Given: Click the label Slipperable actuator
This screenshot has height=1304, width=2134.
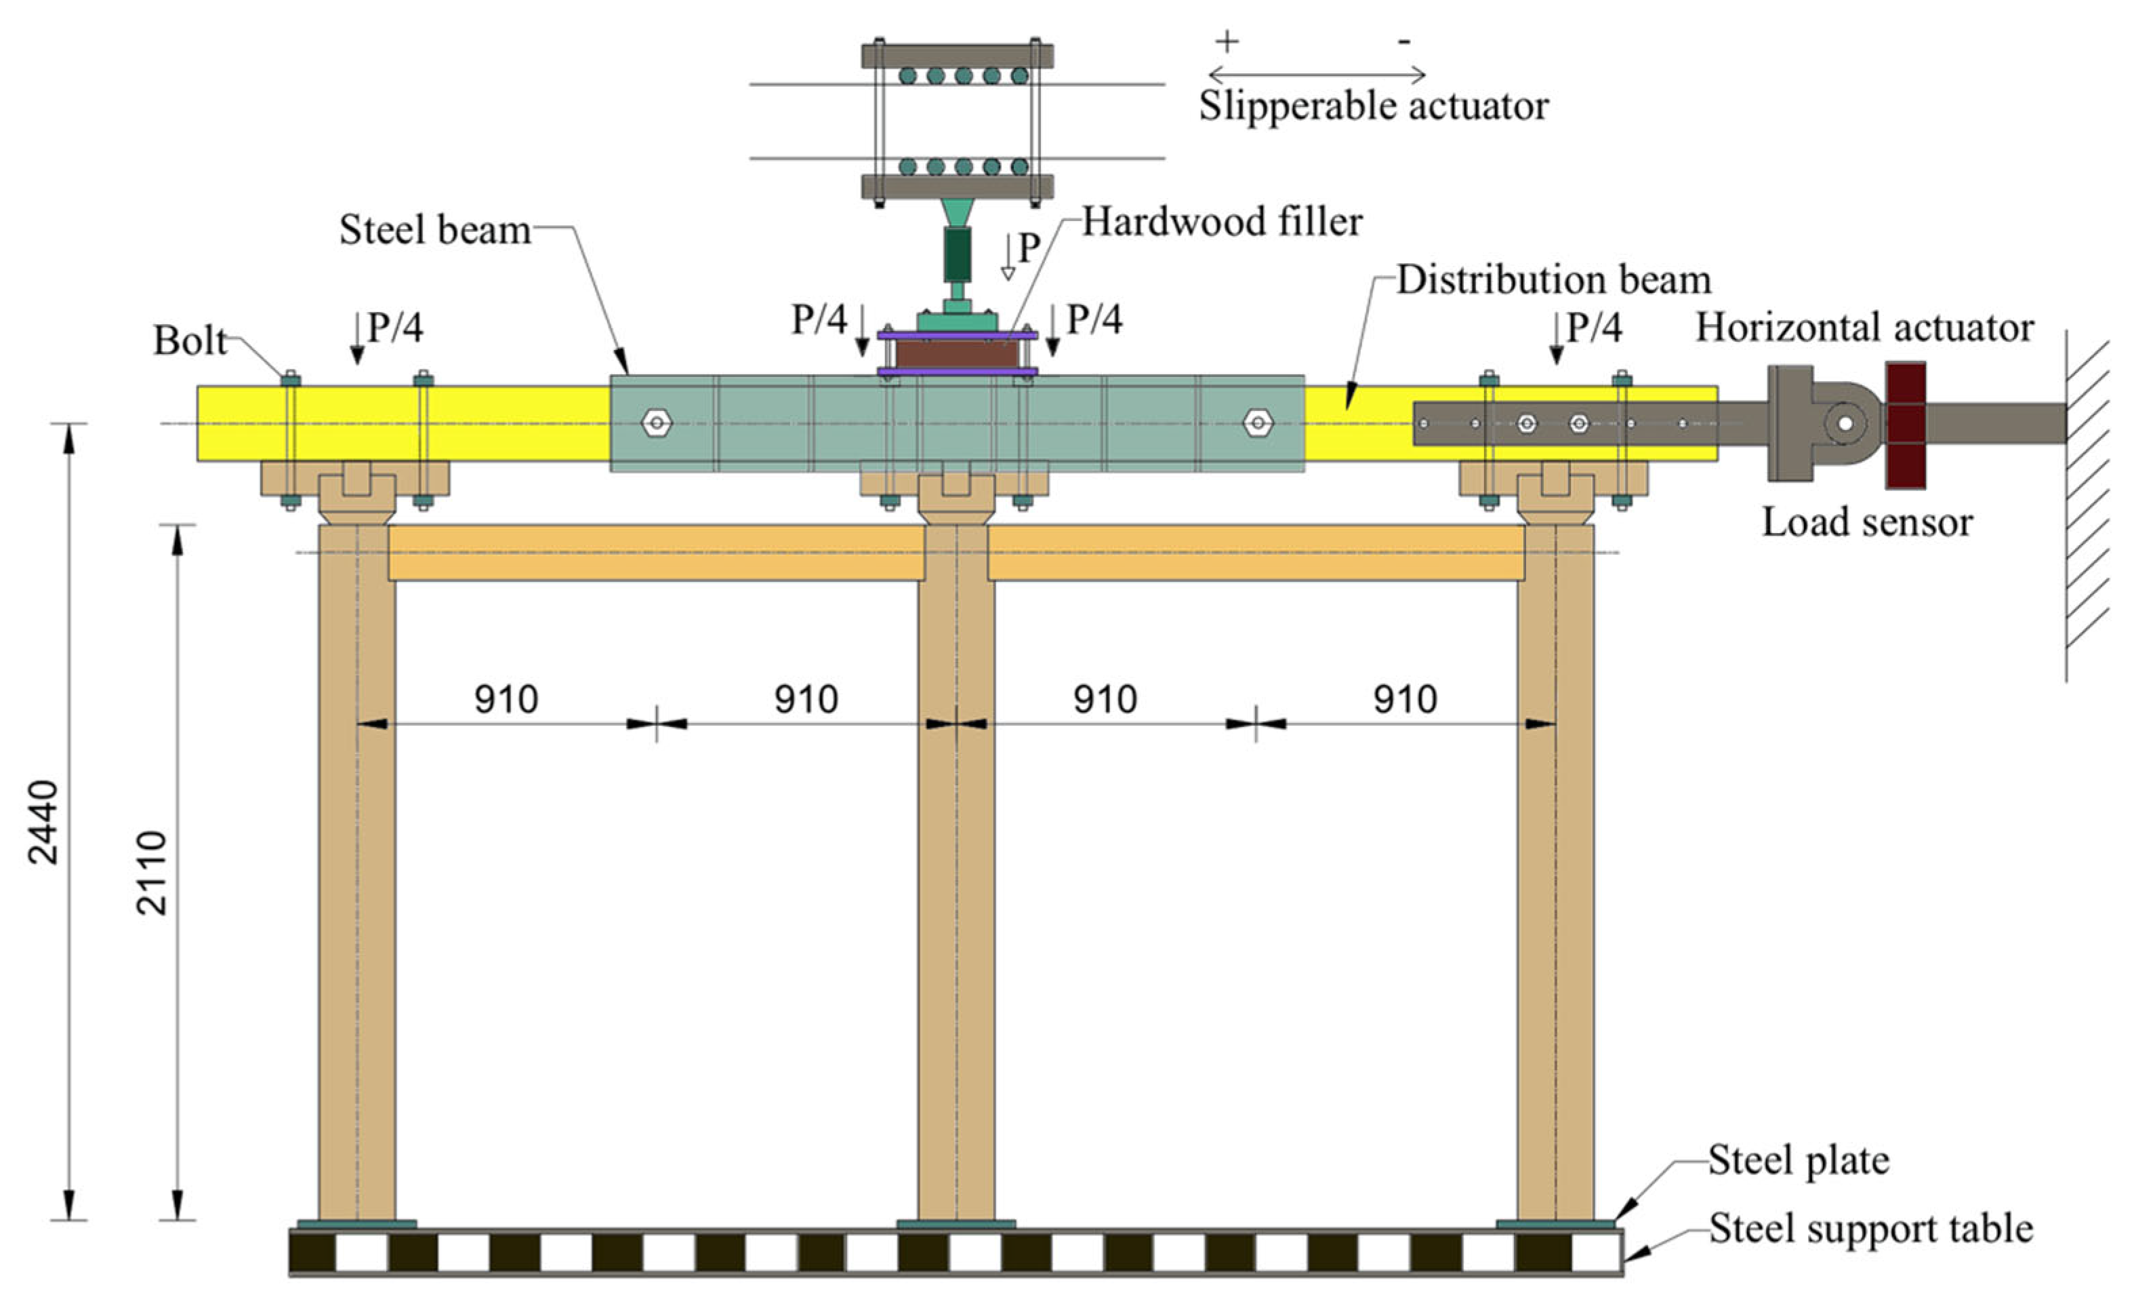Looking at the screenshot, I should (x=1373, y=106).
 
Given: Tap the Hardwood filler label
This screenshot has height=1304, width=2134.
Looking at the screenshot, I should (x=1222, y=222).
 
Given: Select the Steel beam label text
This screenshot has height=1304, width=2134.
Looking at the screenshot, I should (x=435, y=231).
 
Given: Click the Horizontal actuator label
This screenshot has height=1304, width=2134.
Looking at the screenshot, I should (x=1864, y=328).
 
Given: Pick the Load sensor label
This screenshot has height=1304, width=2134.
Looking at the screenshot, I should (x=1867, y=522).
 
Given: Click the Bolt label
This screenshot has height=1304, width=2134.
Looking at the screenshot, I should (x=190, y=340).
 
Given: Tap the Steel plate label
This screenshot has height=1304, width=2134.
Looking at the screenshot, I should (x=1798, y=1161).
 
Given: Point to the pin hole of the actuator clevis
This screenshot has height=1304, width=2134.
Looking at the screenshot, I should (x=1844, y=424).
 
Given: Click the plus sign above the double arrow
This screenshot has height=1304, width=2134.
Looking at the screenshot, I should (x=1227, y=41).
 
